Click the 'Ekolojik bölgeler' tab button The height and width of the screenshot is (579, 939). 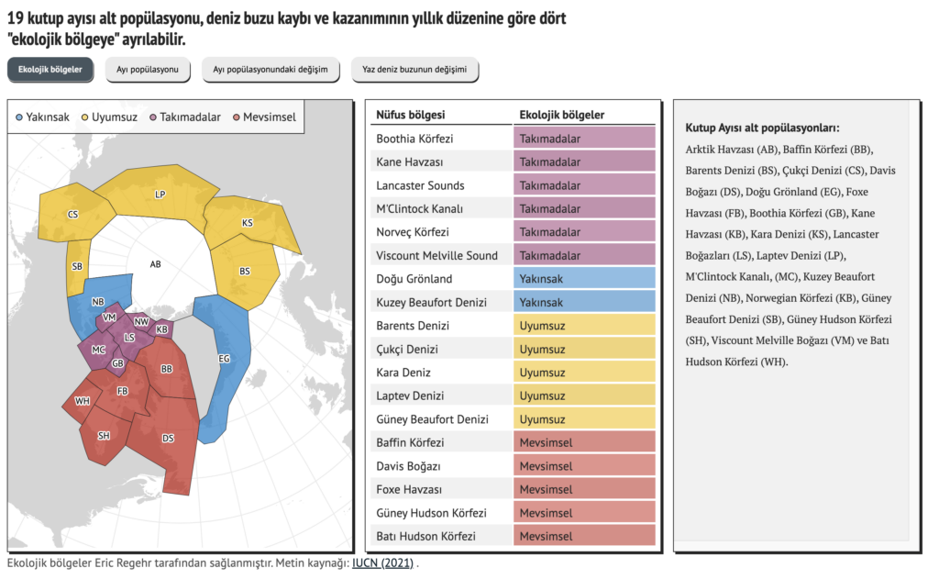[50, 70]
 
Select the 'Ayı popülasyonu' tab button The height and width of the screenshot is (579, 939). [147, 70]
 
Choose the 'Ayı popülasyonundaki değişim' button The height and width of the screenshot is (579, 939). [270, 70]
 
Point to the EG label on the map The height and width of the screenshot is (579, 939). [224, 359]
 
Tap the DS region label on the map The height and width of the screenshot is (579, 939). [169, 439]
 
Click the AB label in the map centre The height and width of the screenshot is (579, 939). [156, 264]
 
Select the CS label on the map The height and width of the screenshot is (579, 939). [72, 215]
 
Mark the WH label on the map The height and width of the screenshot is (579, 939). [83, 401]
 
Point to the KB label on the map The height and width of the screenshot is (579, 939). [162, 328]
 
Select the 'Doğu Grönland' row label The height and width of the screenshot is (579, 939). [414, 279]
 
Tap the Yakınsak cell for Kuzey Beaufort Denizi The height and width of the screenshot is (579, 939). [584, 302]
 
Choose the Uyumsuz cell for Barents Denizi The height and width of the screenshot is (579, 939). [584, 326]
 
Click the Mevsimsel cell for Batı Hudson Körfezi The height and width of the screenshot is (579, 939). [584, 536]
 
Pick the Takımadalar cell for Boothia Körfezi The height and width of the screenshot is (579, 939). [584, 139]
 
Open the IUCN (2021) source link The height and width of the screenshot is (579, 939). [383, 563]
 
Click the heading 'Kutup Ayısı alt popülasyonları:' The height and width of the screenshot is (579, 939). [762, 128]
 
